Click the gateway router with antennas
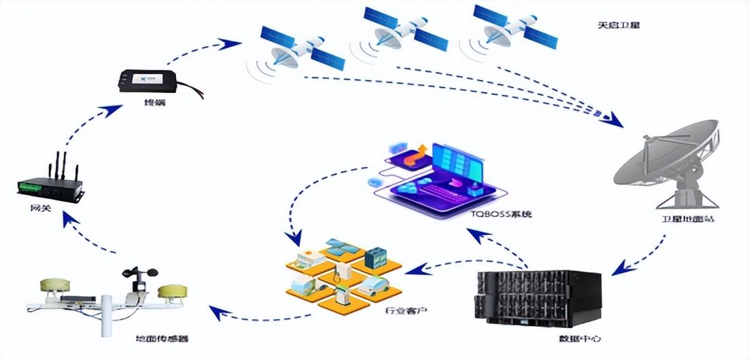(x=52, y=184)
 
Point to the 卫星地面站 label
(x=687, y=219)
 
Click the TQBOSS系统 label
(x=501, y=214)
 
